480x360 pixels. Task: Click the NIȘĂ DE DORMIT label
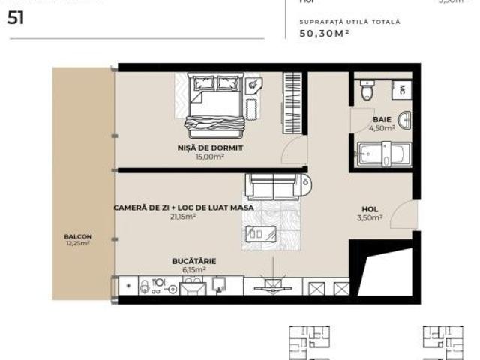click(219, 148)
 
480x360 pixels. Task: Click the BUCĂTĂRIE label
click(189, 261)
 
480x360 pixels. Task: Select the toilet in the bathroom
click(365, 91)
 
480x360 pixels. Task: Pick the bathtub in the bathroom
click(382, 154)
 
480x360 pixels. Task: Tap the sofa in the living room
click(276, 184)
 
